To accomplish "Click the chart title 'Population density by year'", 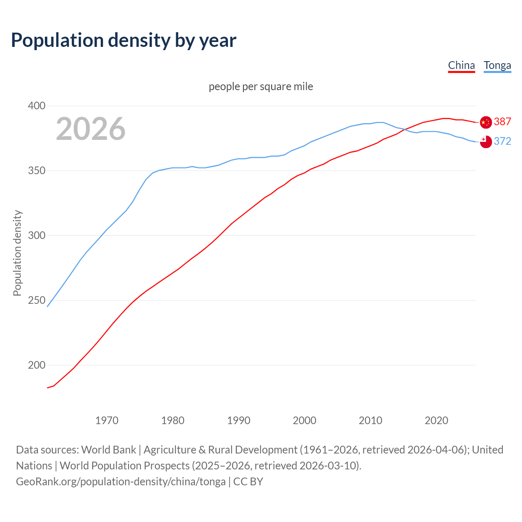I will coord(124,40).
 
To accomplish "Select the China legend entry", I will coord(461,65).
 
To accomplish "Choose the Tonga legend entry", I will coord(497,65).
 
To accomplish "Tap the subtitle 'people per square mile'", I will coord(261,86).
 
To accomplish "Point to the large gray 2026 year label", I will coord(91,129).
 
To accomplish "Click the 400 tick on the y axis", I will coord(36,106).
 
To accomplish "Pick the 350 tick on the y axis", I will coord(36,170).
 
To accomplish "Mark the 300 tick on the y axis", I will coord(36,235).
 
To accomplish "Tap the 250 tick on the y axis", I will coord(36,300).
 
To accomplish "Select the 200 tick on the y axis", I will coord(36,365).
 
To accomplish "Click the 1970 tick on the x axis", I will coord(107,420).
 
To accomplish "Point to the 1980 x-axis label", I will coord(173,420).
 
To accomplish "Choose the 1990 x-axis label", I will coord(239,420).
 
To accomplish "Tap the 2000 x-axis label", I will coord(305,420).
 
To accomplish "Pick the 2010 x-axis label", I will coord(370,420).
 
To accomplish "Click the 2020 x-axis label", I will coord(436,420).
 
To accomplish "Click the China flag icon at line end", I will coord(486,122).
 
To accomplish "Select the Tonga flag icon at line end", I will coord(486,142).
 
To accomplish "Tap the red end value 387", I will coord(502,122).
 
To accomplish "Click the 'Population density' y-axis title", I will coord(17,253).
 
